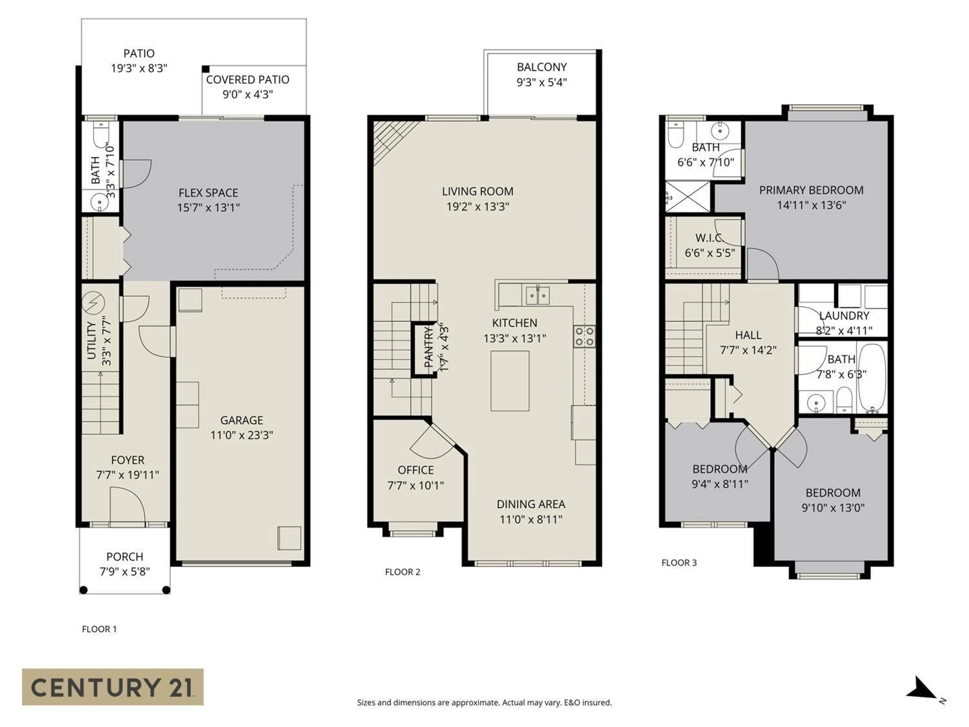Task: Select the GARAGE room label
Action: coord(241,420)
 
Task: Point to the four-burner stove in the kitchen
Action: coord(584,336)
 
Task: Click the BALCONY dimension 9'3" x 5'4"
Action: coord(542,82)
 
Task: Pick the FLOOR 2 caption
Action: coord(402,572)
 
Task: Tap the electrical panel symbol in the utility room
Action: coord(93,303)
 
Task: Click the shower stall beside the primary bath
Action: coord(687,197)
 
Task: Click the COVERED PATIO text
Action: coord(248,80)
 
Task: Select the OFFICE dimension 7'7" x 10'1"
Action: coord(415,485)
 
